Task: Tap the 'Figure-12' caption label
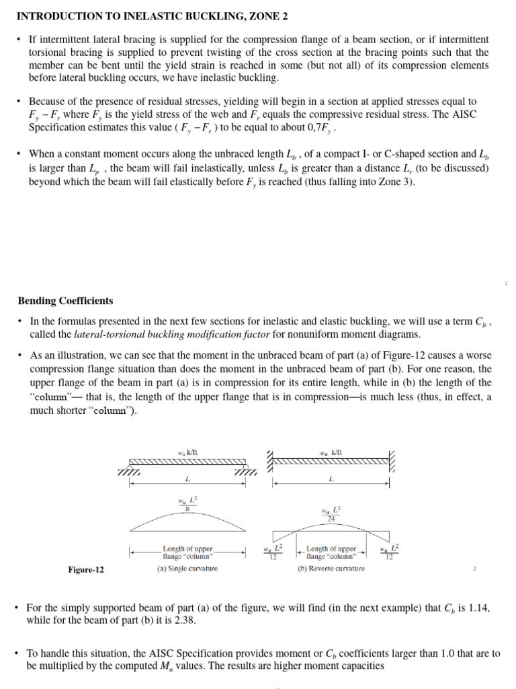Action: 86,570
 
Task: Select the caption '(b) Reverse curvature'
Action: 331,569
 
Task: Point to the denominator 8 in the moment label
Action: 187,509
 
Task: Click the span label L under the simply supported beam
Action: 187,480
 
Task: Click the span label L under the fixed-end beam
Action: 331,480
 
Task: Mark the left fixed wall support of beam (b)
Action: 270,461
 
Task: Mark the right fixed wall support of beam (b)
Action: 392,461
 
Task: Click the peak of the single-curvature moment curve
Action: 187,518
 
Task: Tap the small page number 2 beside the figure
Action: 474,569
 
